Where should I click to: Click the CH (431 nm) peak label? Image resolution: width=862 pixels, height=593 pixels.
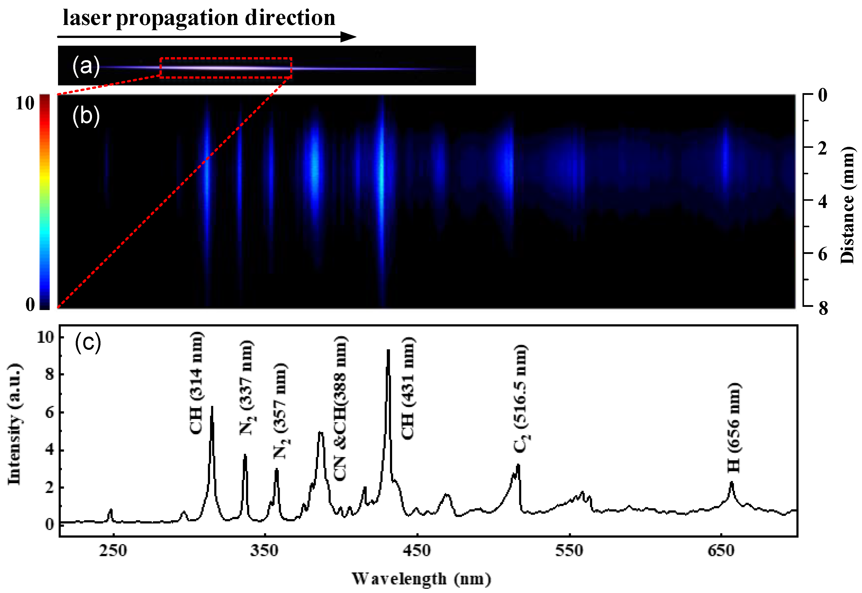point(408,388)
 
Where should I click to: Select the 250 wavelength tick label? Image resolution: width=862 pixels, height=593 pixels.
point(113,551)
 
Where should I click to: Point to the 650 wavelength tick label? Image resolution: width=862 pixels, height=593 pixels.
point(721,551)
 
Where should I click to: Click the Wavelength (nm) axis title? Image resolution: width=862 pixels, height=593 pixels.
point(421,579)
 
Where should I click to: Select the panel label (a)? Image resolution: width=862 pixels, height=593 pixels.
point(86,66)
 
